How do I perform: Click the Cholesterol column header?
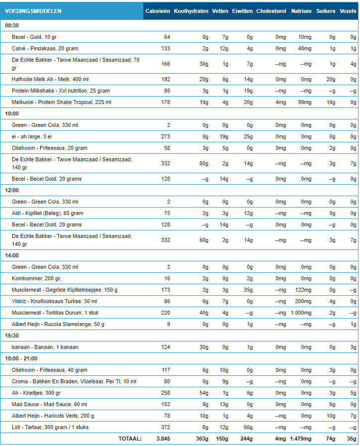[271, 11]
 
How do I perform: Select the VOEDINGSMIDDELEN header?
[33, 11]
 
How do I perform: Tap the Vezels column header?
[348, 11]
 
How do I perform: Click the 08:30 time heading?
[12, 25]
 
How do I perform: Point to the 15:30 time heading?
[12, 336]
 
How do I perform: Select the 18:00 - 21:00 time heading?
[21, 358]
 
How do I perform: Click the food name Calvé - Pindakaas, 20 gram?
[45, 48]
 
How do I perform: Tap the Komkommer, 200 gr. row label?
[36, 278]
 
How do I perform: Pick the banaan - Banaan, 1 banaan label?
[45, 347]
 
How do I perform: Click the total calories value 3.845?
[163, 439]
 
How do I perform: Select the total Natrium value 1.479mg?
[300, 439]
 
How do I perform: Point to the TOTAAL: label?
[130, 439]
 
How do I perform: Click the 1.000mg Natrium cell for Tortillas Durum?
[302, 313]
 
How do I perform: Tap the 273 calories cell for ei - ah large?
[165, 136]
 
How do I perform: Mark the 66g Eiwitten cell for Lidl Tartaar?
[247, 427]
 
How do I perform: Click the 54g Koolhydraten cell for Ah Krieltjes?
[203, 393]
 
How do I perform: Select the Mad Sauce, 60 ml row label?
[40, 404]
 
